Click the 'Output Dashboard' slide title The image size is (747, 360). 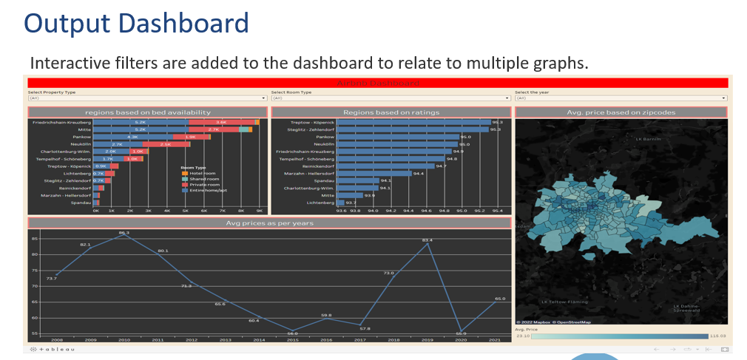tap(136, 23)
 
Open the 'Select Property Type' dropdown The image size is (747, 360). tap(146, 98)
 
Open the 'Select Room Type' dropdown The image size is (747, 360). tap(390, 98)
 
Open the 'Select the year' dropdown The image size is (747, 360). tap(621, 98)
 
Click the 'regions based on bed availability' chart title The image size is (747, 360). tap(153, 112)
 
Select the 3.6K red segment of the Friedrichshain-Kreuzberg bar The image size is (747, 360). tap(221, 122)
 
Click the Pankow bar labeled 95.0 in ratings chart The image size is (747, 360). tap(399, 137)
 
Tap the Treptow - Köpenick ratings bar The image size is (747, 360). tap(414, 122)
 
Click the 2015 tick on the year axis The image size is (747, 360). tap(292, 339)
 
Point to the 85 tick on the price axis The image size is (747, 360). tap(34, 239)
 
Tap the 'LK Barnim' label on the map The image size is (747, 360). tap(648, 138)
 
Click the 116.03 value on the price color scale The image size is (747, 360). tap(718, 336)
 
